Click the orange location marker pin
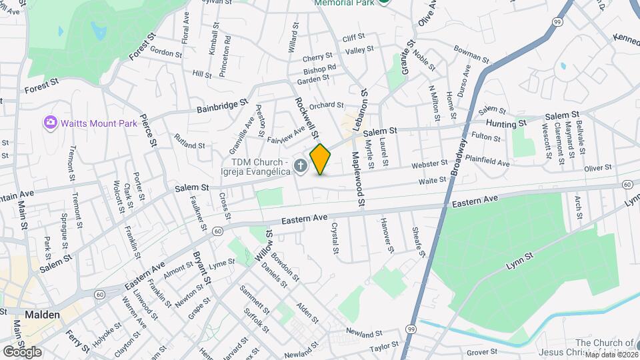click(321, 159)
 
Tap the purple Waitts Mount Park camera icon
click(49, 123)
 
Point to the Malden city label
click(43, 314)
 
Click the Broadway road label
click(459, 155)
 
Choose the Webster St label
click(429, 163)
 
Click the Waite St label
click(432, 180)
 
